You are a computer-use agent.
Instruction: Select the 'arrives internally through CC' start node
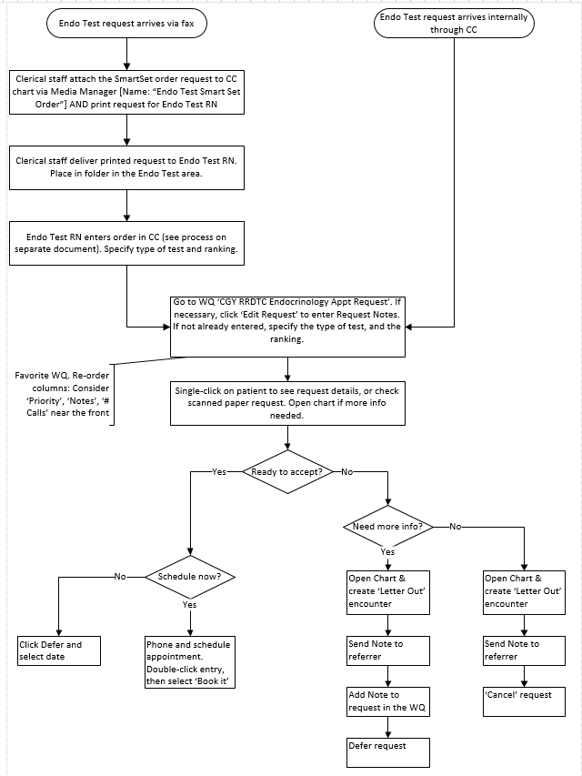pos(453,25)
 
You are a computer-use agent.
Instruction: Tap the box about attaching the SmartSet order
pos(127,92)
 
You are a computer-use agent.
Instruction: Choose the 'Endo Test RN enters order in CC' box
pos(127,243)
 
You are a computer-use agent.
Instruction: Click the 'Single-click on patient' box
pos(286,403)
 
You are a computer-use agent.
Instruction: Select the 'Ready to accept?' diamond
pos(287,471)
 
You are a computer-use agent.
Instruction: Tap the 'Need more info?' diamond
pos(388,526)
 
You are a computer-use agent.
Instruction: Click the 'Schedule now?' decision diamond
pos(190,577)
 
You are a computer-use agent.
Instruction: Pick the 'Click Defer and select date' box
pos(59,650)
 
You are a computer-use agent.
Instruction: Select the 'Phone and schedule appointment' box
pos(190,663)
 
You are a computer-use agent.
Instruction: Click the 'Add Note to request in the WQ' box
pos(388,701)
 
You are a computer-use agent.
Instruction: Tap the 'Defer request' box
pos(388,751)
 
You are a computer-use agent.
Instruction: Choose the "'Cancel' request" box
pos(525,700)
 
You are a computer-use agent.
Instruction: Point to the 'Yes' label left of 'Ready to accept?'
pos(219,471)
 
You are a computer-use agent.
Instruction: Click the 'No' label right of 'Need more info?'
pos(456,526)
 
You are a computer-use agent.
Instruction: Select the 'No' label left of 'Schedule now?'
pos(120,576)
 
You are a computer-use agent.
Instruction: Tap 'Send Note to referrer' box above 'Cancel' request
pos(525,650)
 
